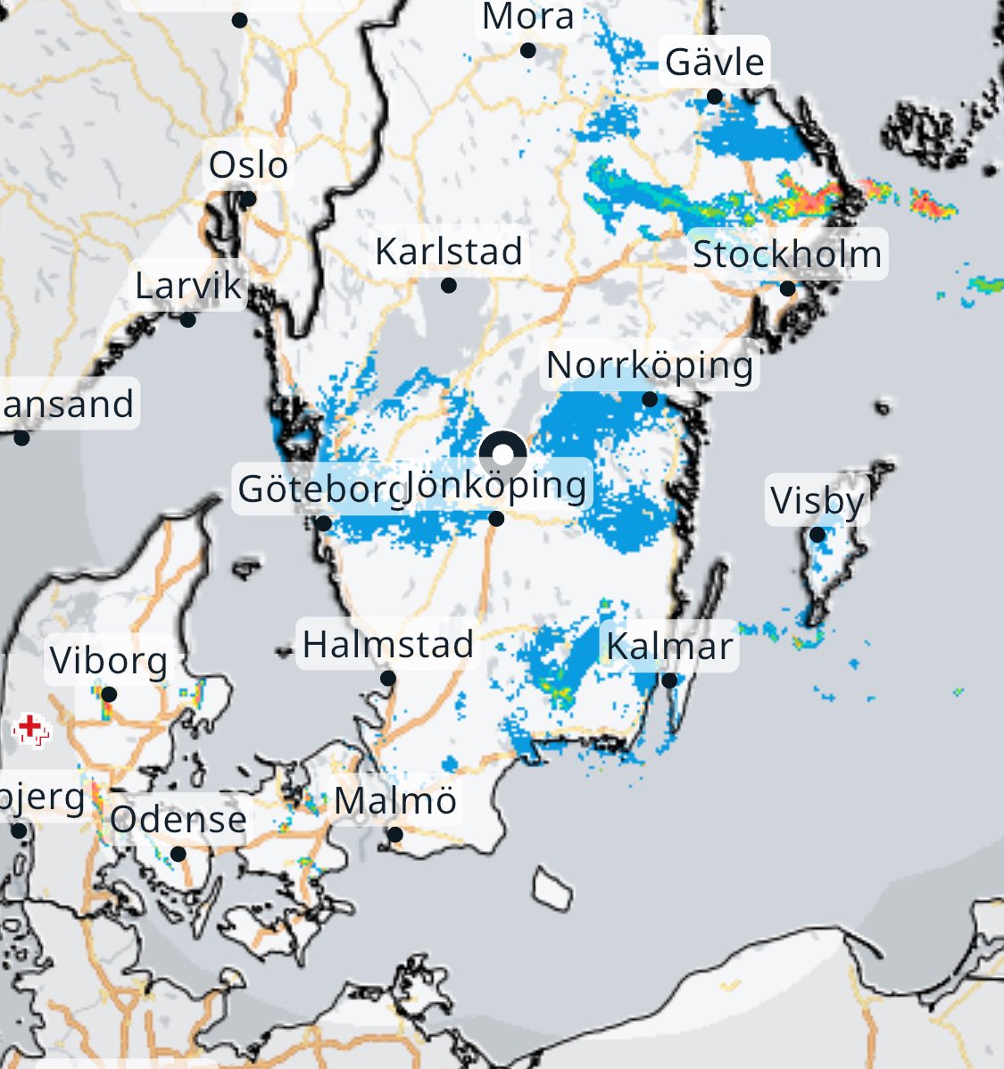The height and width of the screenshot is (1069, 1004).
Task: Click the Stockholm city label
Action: click(x=787, y=255)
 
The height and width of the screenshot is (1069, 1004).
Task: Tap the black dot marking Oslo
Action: click(x=248, y=199)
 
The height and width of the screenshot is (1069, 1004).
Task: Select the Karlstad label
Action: click(x=448, y=252)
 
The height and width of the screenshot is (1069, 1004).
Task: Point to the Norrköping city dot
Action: click(x=650, y=399)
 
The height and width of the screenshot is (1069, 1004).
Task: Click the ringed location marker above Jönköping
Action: click(x=502, y=455)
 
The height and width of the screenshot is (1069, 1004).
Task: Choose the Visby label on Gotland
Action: click(x=817, y=501)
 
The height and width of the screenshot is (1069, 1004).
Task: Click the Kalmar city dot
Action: click(x=669, y=681)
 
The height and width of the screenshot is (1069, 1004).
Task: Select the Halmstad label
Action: click(x=388, y=644)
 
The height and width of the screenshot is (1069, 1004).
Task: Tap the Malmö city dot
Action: click(x=394, y=835)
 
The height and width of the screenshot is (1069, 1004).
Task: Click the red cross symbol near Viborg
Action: click(x=30, y=729)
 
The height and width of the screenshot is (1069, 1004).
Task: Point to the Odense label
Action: click(x=178, y=819)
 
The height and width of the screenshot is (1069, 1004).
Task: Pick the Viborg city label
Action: click(x=109, y=662)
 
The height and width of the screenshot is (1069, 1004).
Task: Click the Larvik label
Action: click(x=188, y=286)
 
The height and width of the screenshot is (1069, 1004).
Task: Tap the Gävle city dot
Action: click(x=714, y=96)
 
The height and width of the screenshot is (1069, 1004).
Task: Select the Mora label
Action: click(x=527, y=17)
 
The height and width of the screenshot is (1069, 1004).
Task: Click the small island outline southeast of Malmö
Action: click(x=553, y=886)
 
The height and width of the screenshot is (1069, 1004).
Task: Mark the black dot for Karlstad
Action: click(x=449, y=286)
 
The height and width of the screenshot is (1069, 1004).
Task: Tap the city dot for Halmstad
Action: click(x=388, y=679)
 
